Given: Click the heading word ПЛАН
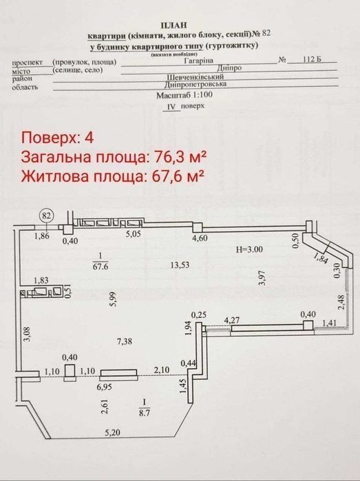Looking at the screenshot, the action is (173, 25).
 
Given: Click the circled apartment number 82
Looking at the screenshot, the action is (46, 215).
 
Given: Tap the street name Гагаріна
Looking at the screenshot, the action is (198, 61).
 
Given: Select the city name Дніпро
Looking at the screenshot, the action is (229, 68).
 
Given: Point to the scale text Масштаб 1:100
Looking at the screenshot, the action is (184, 95).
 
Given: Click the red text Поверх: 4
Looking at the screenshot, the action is (57, 138).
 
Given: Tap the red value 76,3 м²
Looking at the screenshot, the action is (180, 157).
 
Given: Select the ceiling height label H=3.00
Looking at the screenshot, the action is (249, 249).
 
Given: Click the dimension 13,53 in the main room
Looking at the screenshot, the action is (180, 265).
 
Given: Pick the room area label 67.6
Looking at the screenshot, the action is (100, 266).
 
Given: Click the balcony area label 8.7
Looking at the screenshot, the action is (145, 413).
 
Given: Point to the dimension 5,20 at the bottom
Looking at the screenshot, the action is (113, 433).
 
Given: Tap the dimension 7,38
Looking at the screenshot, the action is (125, 341).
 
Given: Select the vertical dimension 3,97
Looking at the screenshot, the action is (262, 278).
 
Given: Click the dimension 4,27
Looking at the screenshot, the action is (232, 321).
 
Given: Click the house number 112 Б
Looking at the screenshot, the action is (312, 59).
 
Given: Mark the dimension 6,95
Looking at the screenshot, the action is (105, 387).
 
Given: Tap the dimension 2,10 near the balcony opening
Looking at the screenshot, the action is (162, 370).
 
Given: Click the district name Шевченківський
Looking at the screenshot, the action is (195, 76).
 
